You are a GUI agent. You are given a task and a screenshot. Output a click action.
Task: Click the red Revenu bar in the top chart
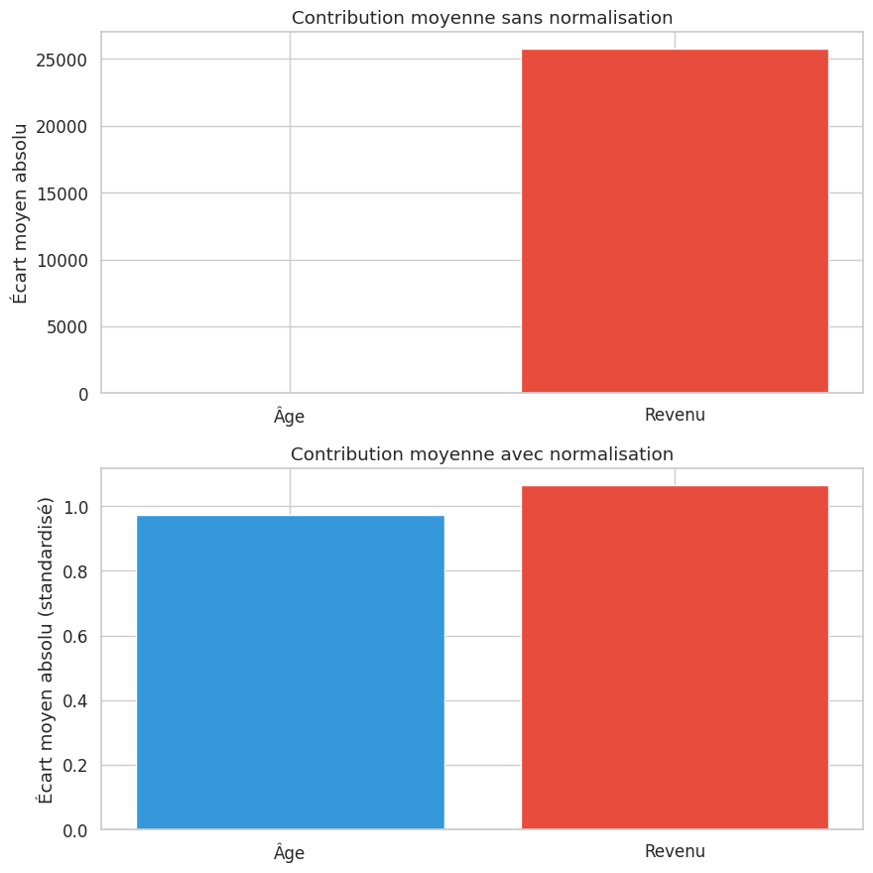(675, 220)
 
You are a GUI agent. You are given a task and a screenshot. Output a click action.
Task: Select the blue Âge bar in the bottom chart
(290, 672)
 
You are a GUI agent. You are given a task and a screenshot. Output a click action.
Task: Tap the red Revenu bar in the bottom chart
(675, 657)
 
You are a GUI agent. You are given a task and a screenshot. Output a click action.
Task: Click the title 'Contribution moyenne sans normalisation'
(481, 18)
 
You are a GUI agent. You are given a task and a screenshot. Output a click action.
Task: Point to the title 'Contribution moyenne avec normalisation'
(481, 454)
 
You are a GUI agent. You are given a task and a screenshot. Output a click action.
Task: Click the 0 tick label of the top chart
(82, 394)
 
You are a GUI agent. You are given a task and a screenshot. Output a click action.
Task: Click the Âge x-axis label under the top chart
(290, 417)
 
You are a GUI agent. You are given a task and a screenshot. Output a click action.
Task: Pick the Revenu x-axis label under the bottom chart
(675, 851)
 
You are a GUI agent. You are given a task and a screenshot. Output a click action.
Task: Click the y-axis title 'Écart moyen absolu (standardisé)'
(45, 649)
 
